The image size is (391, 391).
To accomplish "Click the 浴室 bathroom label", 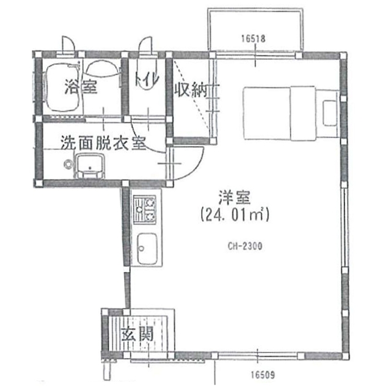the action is tap(81, 87).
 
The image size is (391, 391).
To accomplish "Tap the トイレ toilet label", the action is tap(147, 79).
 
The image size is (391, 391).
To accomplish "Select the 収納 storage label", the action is tap(191, 90).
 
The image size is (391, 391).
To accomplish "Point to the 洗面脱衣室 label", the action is tap(103, 142).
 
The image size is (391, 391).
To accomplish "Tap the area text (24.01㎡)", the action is tap(235, 214).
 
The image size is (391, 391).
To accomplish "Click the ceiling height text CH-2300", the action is tap(245, 246).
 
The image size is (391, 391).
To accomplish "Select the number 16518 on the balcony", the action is tap(254, 38).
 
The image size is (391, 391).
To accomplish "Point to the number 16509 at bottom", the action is tap(263, 375).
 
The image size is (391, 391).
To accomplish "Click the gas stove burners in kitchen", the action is tap(144, 209).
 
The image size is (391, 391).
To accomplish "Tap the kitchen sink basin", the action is tap(147, 249).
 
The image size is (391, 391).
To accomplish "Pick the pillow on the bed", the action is tap(330, 113).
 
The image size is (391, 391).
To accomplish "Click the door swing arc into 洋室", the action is tap(196, 167).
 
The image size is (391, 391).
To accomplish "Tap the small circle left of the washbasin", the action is tap(68, 164).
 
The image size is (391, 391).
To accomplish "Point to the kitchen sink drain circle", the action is tap(142, 249).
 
